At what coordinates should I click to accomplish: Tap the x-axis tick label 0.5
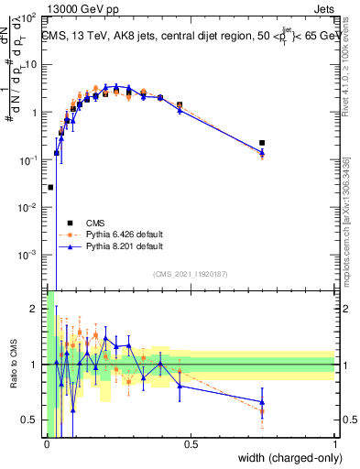click(191, 444)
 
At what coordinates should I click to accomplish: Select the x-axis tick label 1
click(334, 444)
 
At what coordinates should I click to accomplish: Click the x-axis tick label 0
click(47, 444)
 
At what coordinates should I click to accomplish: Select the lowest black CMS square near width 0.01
click(50, 187)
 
